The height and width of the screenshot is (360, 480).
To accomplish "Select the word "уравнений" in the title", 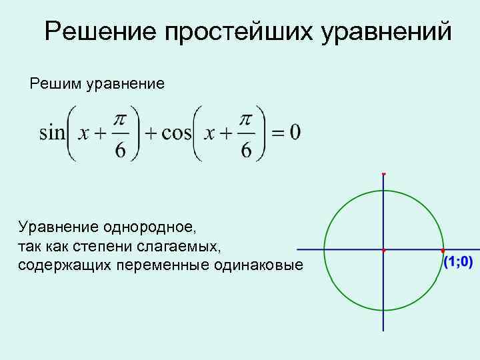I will [x=387, y=31].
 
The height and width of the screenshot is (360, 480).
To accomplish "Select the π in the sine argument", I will [x=120, y=119].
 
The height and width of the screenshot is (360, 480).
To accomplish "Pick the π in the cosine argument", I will [x=245, y=119].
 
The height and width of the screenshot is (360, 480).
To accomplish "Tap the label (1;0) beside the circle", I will [x=458, y=262].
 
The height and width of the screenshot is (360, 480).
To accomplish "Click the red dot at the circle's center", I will [x=384, y=250].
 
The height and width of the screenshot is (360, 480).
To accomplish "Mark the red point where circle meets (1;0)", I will [x=443, y=251].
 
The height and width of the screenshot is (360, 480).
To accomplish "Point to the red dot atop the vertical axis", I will [x=384, y=173].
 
